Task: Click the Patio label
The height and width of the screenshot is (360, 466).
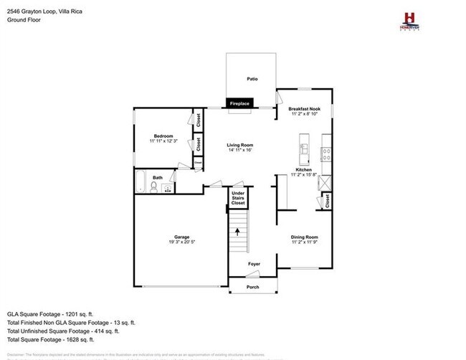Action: tap(252, 79)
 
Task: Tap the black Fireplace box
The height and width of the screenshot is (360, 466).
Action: tap(239, 104)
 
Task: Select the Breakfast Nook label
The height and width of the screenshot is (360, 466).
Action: tap(305, 109)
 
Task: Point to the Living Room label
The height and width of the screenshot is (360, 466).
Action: tap(241, 145)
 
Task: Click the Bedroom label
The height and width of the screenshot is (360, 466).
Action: tap(161, 136)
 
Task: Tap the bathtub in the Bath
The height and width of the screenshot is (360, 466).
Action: tap(140, 183)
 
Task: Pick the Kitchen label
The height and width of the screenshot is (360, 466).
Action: tap(304, 170)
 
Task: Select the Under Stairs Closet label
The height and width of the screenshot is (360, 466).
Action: tap(238, 199)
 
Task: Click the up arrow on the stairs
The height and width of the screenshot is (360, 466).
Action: tap(237, 233)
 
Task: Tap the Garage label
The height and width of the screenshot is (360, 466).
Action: tap(181, 237)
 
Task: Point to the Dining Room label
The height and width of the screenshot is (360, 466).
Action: tap(304, 237)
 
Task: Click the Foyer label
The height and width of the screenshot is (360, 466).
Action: tap(254, 264)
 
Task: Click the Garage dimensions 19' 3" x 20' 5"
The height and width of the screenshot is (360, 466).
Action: tap(181, 242)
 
